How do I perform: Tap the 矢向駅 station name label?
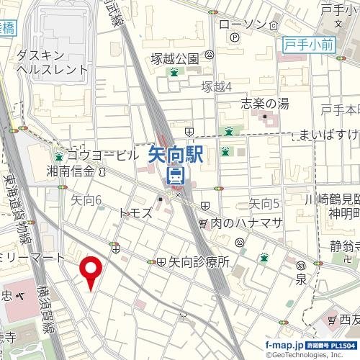176,155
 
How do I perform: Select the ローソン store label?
243,24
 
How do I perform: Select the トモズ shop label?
135,213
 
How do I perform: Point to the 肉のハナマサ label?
246,224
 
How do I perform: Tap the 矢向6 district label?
87,199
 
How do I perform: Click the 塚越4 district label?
216,86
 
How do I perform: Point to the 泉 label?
302,279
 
